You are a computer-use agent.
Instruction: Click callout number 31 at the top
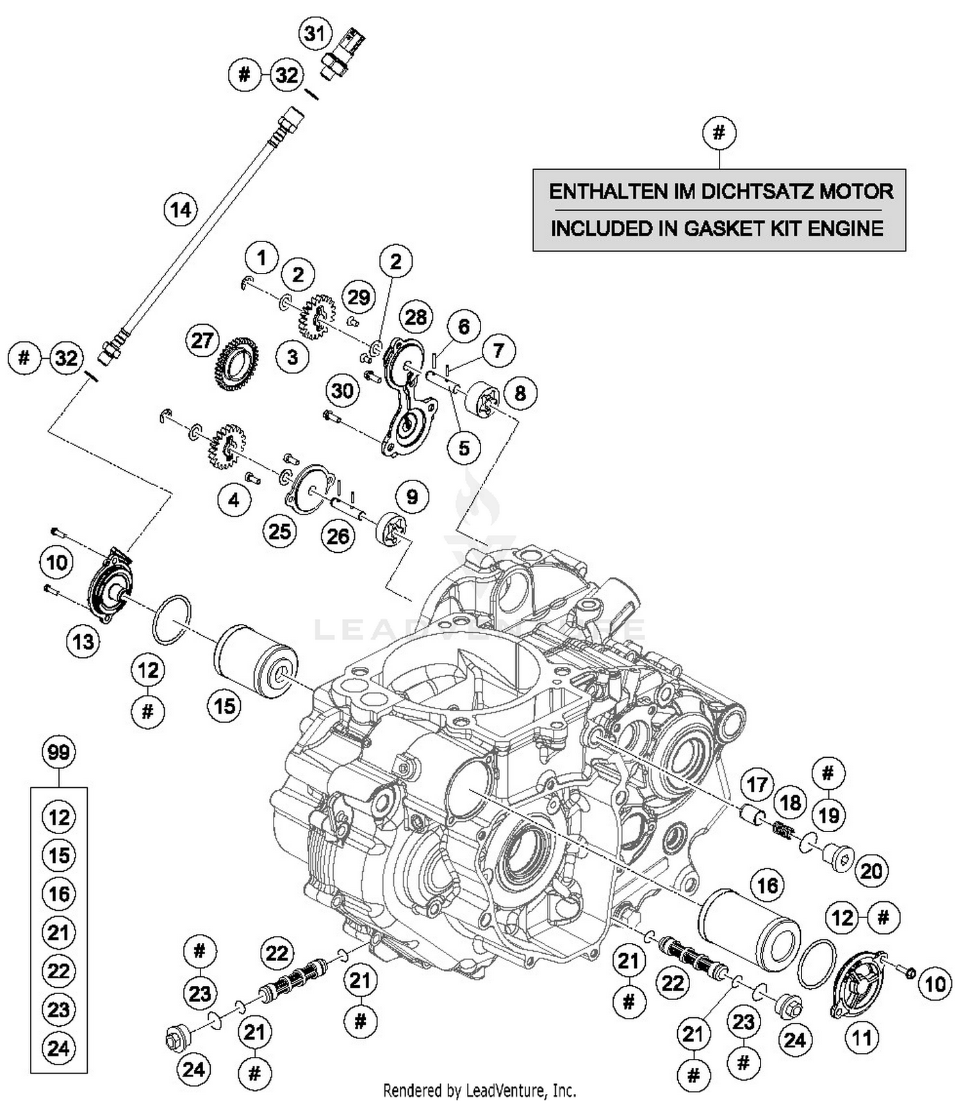click(314, 33)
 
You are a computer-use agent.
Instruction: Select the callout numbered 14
click(181, 209)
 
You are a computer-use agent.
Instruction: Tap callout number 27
click(202, 340)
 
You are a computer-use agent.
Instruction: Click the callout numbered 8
click(520, 393)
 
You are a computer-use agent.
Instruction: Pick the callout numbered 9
click(412, 497)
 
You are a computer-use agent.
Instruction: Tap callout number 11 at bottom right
click(862, 1037)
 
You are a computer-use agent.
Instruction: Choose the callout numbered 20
click(871, 871)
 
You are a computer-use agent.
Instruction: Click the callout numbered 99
click(58, 751)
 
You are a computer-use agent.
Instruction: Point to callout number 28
click(415, 316)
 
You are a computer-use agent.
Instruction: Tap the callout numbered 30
click(343, 390)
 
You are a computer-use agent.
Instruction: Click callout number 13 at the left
click(83, 641)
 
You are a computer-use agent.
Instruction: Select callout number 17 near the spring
click(757, 784)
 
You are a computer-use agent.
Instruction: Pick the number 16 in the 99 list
click(58, 894)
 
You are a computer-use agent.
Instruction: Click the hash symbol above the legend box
click(719, 133)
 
